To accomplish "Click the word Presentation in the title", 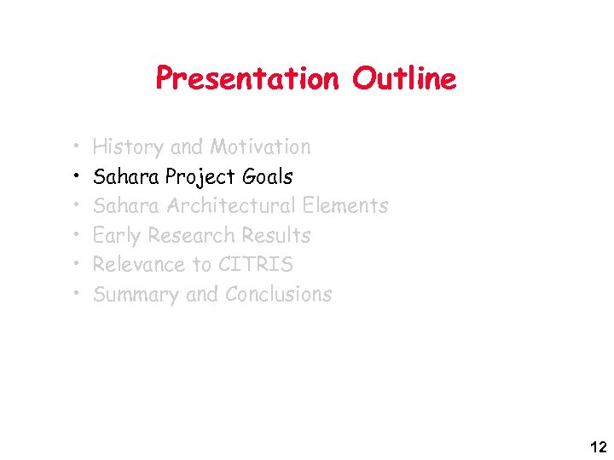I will pos(246,79).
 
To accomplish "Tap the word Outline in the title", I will pos(404,79).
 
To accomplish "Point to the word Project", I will pos(201,177).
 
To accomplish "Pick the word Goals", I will pos(267,177).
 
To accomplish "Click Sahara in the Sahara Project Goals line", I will pos(126,177).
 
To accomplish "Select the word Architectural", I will pos(233,206).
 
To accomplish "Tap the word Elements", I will pos(346,206).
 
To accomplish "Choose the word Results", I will pos(275,236).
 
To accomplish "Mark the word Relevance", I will pos(138,265).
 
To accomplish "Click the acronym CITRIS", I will pos(255,265).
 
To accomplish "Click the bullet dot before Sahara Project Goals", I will pos(77,177).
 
